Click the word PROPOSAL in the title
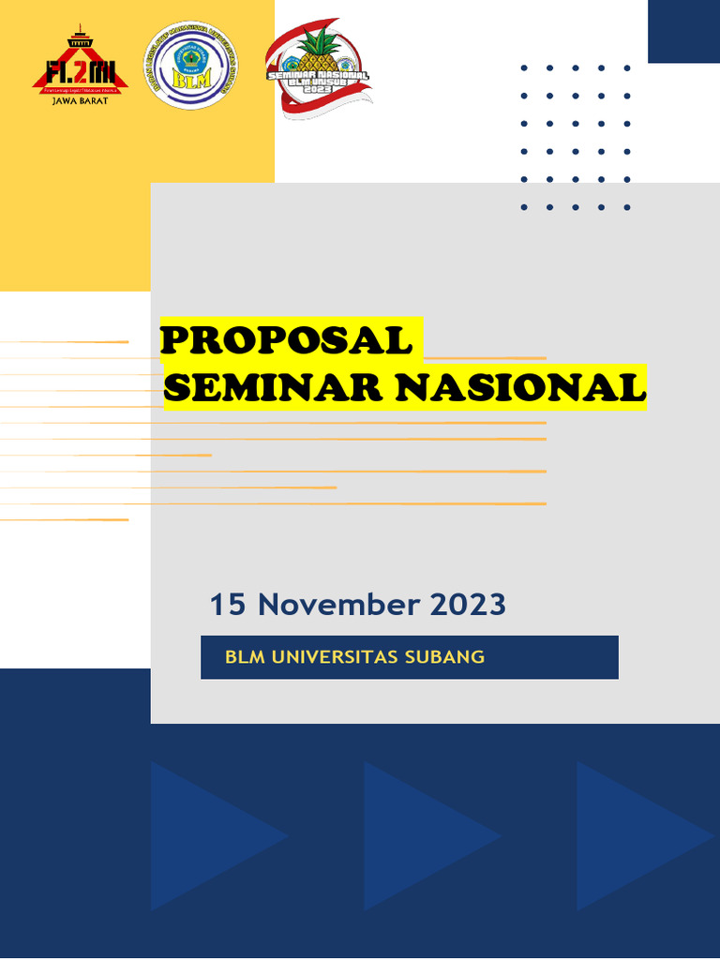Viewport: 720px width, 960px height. pos(286,340)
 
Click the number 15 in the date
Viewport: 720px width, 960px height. pos(228,605)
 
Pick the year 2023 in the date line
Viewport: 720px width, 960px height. pos(468,605)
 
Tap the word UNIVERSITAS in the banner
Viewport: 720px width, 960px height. pos(333,656)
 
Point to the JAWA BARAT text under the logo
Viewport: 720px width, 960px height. pos(80,100)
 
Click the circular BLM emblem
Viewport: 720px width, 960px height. pos(190,66)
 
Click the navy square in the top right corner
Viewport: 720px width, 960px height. pos(683,31)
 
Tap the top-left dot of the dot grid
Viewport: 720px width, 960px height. pos(524,67)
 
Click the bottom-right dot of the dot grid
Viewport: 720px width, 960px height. pos(627,207)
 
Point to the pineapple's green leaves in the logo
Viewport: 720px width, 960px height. pos(319,42)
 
